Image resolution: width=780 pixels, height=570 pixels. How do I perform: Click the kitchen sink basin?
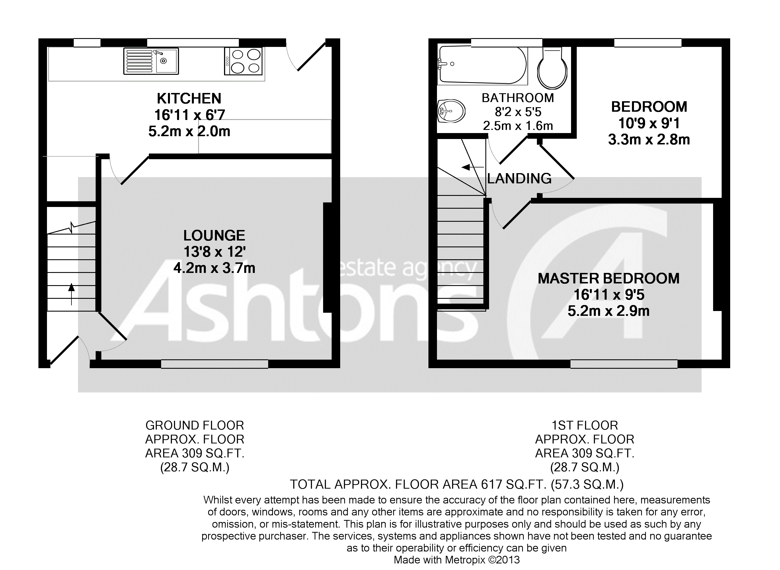click(x=167, y=61)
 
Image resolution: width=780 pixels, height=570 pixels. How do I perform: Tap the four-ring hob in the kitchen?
click(x=243, y=61)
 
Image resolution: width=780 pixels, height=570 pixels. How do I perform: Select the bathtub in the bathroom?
click(x=482, y=65)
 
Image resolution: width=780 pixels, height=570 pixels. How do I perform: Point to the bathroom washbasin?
click(x=451, y=111)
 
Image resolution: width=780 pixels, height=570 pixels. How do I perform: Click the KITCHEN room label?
click(x=189, y=99)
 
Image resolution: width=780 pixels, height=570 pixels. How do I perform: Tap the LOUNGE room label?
click(x=214, y=236)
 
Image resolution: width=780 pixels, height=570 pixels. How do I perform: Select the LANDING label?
click(x=519, y=178)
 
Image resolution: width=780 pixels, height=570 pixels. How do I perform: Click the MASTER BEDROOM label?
click(x=608, y=278)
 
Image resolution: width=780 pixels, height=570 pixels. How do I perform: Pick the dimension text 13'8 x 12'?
click(x=214, y=252)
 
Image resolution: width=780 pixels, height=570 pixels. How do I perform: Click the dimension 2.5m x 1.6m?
click(x=518, y=126)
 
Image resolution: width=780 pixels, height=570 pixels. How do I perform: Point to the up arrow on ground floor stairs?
click(x=71, y=294)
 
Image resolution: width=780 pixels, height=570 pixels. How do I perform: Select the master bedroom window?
click(x=623, y=364)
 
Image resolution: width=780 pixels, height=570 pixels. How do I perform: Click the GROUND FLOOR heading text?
click(x=194, y=425)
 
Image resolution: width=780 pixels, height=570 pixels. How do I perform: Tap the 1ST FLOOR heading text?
click(x=584, y=425)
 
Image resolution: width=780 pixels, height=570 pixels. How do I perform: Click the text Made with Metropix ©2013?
click(x=457, y=560)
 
